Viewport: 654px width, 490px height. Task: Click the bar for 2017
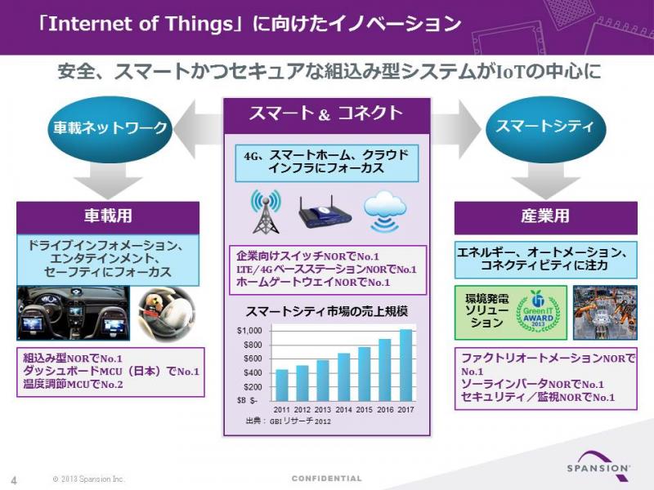tap(405, 365)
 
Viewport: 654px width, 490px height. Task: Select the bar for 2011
tap(282, 385)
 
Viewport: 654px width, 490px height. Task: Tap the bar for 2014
tap(344, 377)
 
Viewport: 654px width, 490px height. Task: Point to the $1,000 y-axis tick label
tap(249, 331)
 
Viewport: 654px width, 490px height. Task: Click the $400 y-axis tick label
tap(253, 373)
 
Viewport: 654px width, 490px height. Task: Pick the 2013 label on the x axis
tap(323, 410)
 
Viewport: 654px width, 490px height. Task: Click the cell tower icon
tap(266, 212)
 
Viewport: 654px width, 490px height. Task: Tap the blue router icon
tap(325, 212)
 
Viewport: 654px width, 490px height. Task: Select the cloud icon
tap(384, 212)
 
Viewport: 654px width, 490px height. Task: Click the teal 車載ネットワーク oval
tap(110, 127)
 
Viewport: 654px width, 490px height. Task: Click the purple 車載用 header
tap(108, 217)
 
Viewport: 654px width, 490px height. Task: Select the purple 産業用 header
tap(545, 217)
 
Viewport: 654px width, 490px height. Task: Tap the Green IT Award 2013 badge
tap(538, 312)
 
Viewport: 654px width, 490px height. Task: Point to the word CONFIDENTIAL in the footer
tap(327, 479)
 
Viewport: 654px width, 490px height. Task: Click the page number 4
tap(14, 480)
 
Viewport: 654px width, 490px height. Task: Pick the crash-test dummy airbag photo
tap(166, 313)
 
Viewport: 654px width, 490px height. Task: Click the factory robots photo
tap(605, 313)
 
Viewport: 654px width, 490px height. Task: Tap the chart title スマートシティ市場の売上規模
tap(327, 312)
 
